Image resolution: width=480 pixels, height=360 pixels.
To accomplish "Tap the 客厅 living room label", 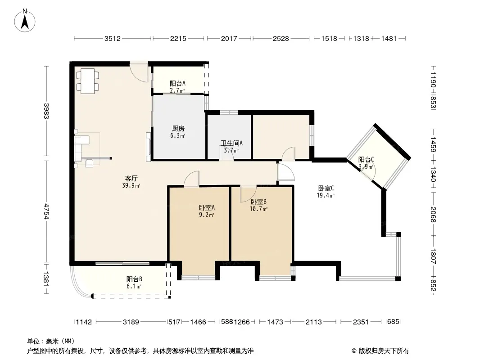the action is coord(131,178).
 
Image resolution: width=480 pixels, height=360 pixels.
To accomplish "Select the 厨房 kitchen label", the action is coord(178,129).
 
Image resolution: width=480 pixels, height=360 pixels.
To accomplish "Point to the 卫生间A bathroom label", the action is coord(232,143).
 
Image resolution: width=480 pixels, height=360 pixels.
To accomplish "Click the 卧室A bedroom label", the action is coord(207,208).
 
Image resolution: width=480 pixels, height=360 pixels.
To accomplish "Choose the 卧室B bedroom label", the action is coord(258,202).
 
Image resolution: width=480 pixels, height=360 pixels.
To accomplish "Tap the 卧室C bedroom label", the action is coord(326,189).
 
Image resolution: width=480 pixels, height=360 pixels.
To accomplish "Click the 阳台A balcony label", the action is coord(177,83).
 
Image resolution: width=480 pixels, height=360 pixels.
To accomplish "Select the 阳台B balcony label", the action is coord(134,279).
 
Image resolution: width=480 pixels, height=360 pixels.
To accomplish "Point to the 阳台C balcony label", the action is coord(366,160).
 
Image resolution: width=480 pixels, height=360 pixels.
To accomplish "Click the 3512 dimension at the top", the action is coord(113,39).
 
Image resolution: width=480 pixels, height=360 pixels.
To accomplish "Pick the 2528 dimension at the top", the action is coord(281,39).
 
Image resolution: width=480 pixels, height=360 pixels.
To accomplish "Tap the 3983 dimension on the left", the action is coord(46,111).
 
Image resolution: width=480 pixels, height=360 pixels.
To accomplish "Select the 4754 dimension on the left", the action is coord(46,211).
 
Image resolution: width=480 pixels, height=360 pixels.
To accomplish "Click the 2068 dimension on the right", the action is coord(433,214).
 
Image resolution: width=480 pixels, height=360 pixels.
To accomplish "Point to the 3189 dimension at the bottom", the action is coord(131,322).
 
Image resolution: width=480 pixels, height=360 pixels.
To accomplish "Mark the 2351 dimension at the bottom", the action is coord(361,322).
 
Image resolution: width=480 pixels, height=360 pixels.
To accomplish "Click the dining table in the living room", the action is coord(88,81).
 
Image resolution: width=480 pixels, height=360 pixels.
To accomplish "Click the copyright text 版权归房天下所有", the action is coord(384,351).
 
